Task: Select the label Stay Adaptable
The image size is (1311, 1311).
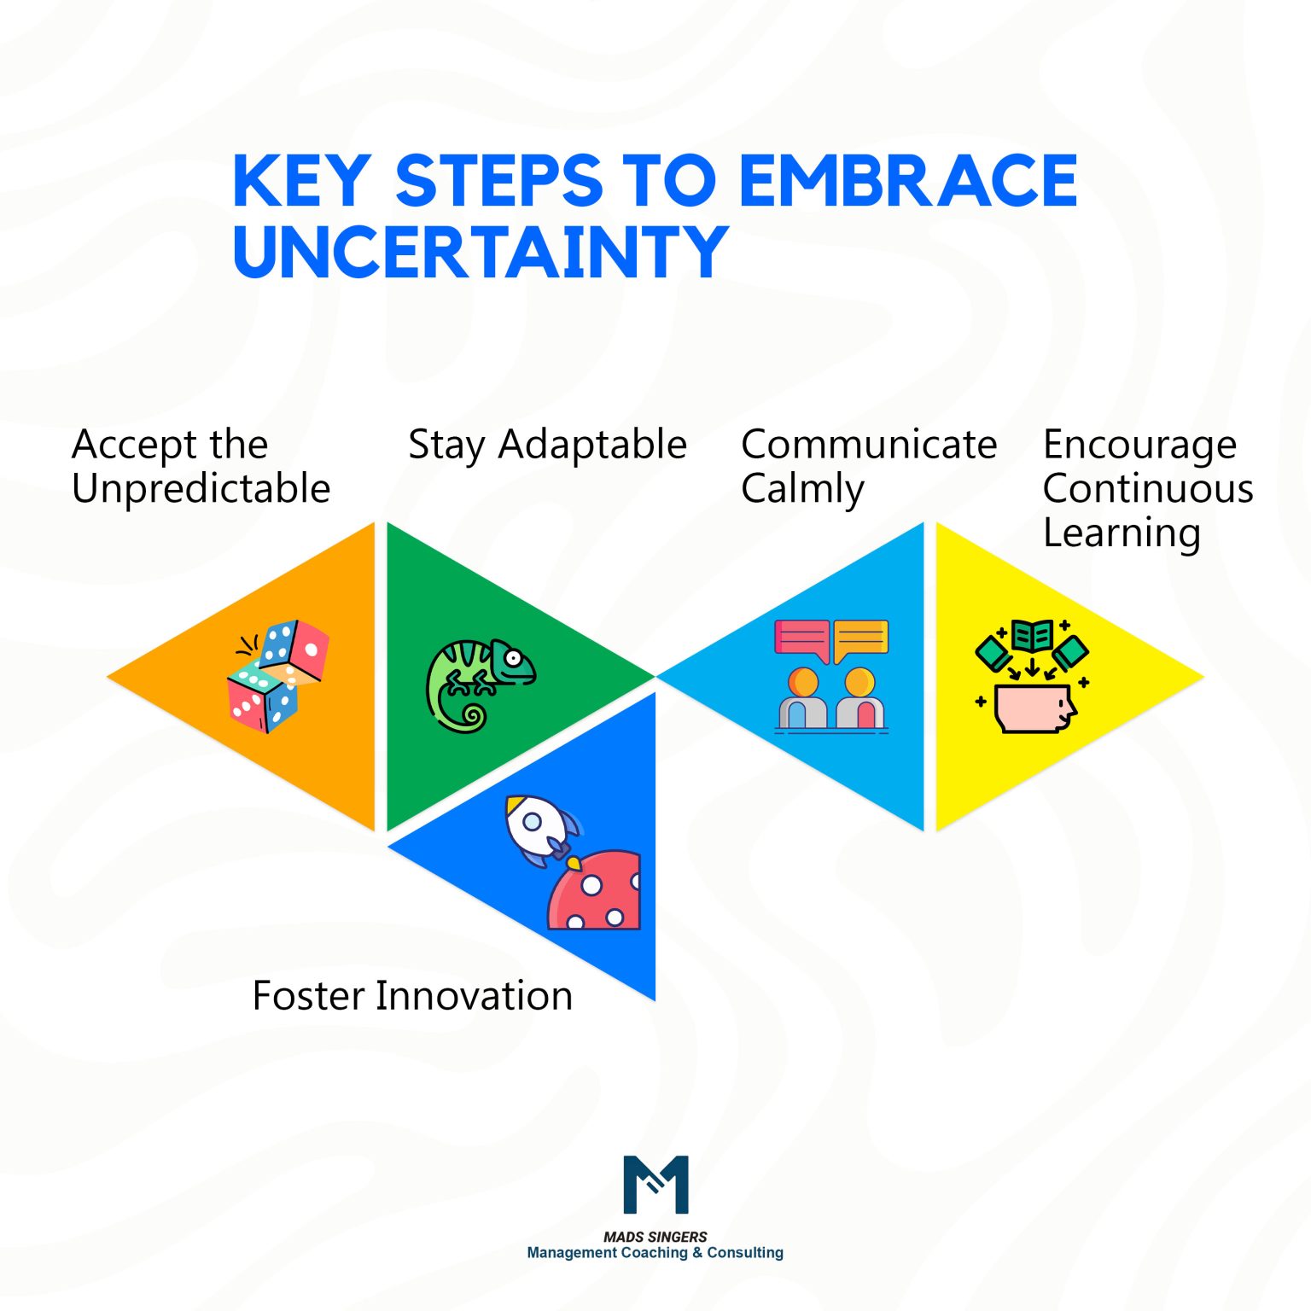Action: (547, 445)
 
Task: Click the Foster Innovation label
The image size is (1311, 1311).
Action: (412, 995)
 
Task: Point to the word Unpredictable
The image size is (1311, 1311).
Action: (201, 488)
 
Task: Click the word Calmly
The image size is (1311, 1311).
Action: (802, 488)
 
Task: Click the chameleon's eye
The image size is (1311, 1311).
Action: (513, 658)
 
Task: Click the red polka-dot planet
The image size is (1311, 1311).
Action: (596, 893)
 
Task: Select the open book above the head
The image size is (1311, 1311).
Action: (1032, 636)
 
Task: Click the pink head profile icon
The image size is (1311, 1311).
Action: (1035, 708)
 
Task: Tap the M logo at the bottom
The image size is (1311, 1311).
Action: (655, 1184)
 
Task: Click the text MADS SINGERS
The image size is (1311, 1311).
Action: (655, 1236)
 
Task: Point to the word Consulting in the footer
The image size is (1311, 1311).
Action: (744, 1252)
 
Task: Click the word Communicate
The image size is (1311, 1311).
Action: (869, 445)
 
